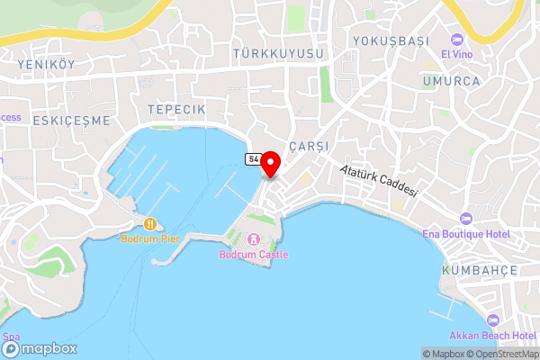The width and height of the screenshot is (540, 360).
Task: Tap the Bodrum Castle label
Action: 254,255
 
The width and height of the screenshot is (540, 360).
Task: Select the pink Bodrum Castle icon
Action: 254,239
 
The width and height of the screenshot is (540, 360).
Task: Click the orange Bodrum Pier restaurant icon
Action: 149,223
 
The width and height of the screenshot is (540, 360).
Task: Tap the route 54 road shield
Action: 253,158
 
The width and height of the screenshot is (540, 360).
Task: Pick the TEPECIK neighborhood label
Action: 176,109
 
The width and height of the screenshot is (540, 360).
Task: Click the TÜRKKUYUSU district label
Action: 278,55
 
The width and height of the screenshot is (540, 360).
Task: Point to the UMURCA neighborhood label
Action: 451,81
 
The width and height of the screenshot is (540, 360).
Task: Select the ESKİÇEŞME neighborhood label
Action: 71,120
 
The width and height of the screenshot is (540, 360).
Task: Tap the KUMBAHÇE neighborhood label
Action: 478,270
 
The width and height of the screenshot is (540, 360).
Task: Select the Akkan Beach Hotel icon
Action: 491,321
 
